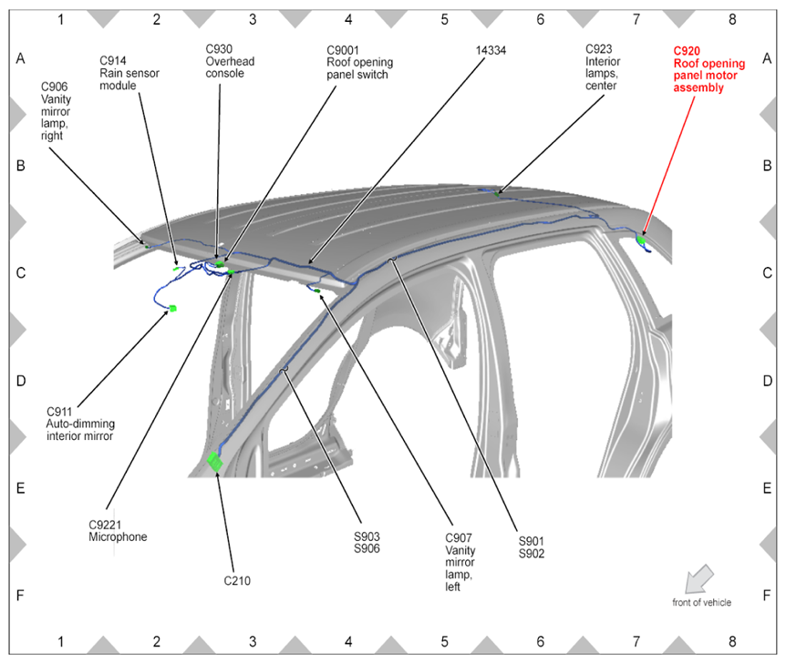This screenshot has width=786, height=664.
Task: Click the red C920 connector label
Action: [708, 69]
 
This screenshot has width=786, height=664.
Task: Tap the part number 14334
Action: [492, 51]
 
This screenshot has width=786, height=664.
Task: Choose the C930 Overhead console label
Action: [230, 60]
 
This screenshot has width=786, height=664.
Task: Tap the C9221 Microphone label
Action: [118, 530]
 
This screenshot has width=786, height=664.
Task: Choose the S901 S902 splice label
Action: [531, 546]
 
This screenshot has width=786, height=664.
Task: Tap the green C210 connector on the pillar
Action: [215, 462]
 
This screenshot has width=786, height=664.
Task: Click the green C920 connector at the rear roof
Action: [641, 240]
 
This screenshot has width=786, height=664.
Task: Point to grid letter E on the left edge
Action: [20, 488]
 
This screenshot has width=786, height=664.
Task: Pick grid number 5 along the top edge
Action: [444, 17]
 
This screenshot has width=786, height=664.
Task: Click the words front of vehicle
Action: [701, 602]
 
